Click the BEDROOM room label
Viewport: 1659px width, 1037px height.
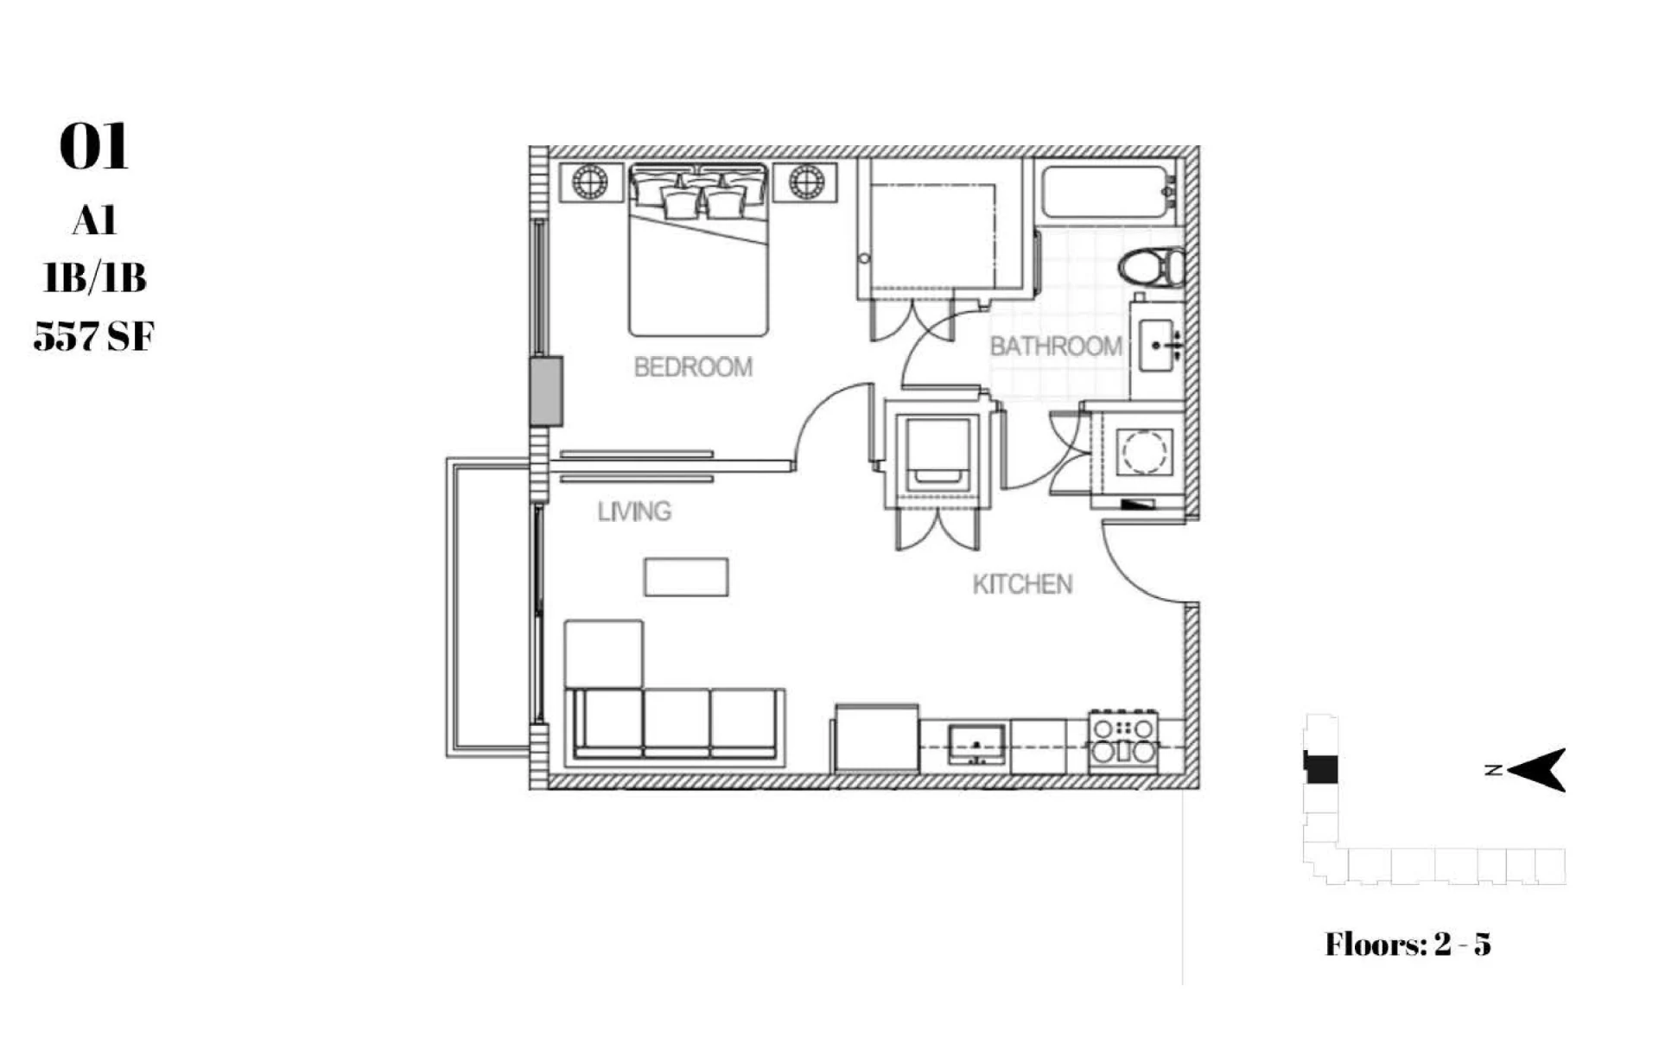click(x=693, y=367)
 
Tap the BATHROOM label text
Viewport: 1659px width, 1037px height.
click(x=1056, y=347)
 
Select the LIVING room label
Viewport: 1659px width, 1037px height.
click(x=634, y=512)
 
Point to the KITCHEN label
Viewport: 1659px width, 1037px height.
click(x=1022, y=584)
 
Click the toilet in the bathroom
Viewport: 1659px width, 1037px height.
click(x=1152, y=267)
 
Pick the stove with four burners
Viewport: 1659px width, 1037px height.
click(x=1123, y=741)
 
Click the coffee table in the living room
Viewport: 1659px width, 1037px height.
click(x=686, y=577)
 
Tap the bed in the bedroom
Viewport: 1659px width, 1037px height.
click(x=698, y=249)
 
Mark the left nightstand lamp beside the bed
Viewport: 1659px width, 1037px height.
click(x=591, y=182)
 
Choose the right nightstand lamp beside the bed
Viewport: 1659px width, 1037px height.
click(x=805, y=182)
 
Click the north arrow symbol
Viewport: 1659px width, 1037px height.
click(x=1536, y=769)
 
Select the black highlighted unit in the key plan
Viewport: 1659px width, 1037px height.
click(x=1321, y=769)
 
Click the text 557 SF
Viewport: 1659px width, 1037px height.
click(x=93, y=336)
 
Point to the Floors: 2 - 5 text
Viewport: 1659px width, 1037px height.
click(x=1408, y=945)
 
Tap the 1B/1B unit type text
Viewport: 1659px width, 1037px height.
click(x=94, y=278)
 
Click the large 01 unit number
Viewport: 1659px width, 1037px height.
click(x=94, y=147)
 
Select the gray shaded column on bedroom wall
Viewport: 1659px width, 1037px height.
click(x=546, y=391)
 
